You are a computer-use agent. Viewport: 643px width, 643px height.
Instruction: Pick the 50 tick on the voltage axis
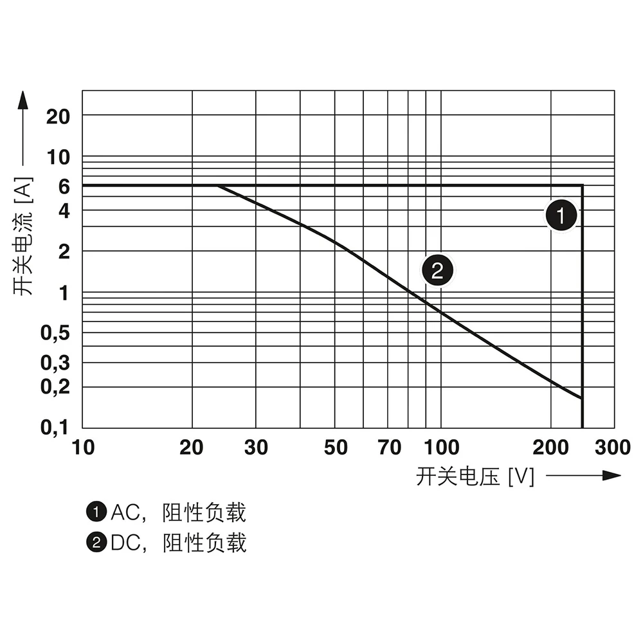point(336,448)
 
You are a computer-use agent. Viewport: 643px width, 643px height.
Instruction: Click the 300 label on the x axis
point(612,448)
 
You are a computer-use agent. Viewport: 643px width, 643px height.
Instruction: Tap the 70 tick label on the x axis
point(390,448)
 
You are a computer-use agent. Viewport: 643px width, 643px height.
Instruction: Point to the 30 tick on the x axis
point(256,448)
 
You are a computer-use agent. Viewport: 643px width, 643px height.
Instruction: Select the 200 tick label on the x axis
point(551,448)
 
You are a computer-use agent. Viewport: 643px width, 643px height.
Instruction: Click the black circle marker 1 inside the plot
point(561,215)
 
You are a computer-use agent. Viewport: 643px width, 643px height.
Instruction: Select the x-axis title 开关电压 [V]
point(475,476)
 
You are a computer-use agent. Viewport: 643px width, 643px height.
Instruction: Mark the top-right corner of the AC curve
point(582,186)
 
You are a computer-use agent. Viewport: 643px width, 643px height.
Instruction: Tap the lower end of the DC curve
point(581,399)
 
